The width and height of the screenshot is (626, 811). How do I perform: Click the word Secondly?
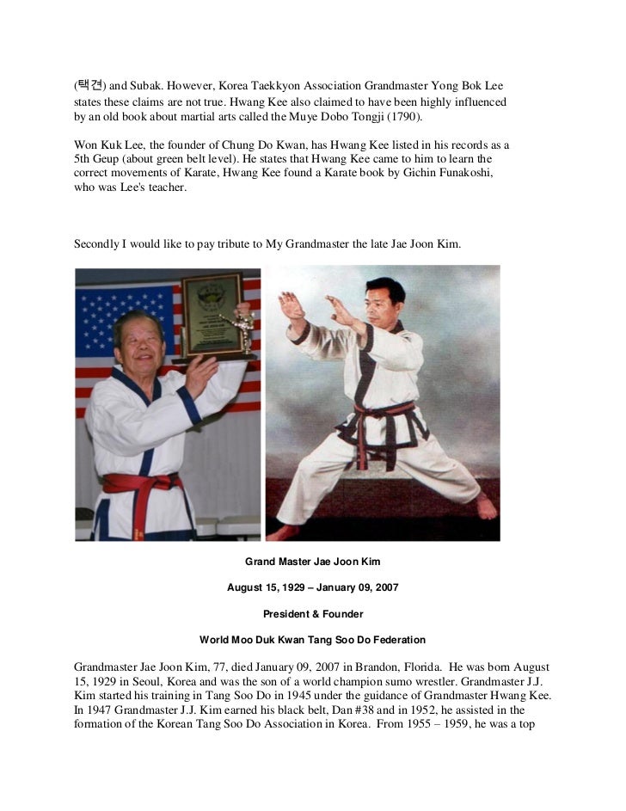pos(98,245)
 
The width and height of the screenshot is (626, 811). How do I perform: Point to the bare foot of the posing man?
pos(486,507)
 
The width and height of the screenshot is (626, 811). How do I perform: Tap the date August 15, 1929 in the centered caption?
pos(266,588)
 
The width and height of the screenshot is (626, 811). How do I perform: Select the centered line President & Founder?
pos(312,614)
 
